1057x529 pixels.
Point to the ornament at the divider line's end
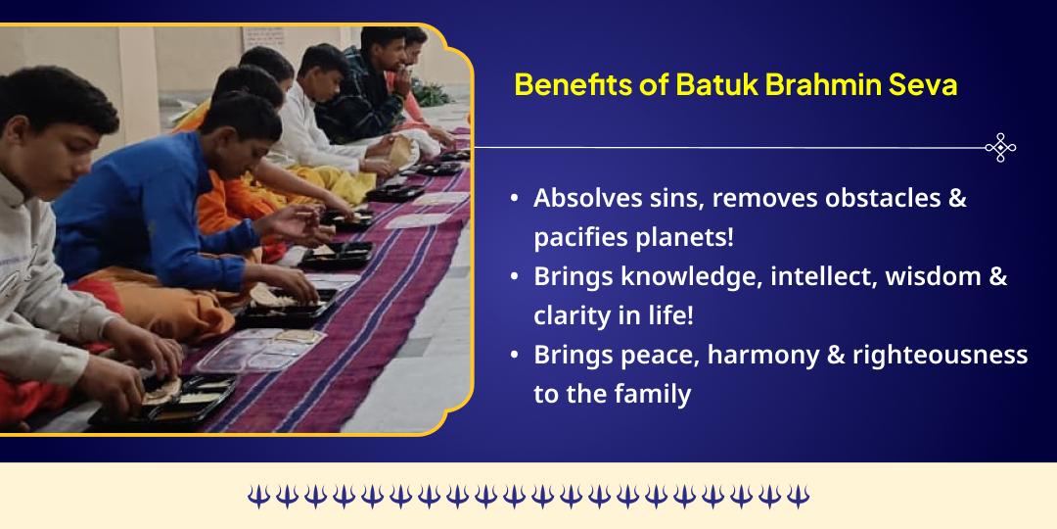click(999, 147)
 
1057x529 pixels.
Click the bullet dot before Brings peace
click(515, 356)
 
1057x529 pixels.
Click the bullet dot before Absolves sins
click(515, 199)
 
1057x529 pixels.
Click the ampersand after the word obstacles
click(957, 198)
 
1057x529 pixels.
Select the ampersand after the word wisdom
click(997, 277)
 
